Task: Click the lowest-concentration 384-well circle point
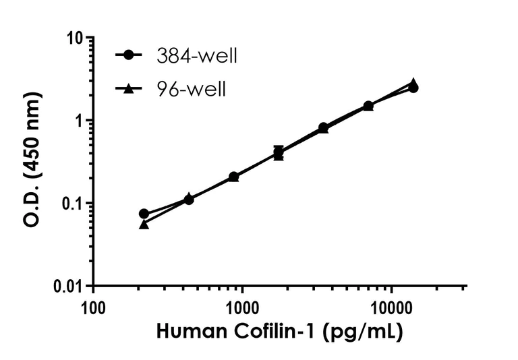144,214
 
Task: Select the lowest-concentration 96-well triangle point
144,224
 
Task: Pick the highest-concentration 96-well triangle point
413,83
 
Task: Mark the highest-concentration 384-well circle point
413,88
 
